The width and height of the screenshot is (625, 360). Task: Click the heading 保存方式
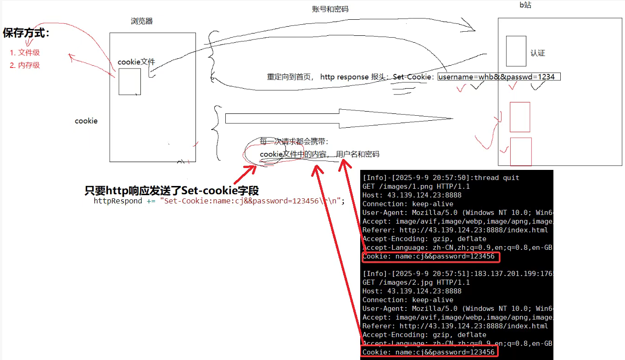[26, 33]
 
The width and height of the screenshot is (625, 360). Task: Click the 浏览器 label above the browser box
[142, 21]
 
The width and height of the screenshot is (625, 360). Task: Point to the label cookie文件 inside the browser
[136, 62]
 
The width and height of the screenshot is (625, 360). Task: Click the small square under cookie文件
[129, 82]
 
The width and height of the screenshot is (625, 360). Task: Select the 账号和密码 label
[327, 9]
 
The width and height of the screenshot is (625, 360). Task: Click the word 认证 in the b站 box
[538, 53]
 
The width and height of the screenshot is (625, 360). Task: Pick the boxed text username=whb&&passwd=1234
[499, 77]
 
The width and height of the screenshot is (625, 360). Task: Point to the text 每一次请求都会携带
[294, 141]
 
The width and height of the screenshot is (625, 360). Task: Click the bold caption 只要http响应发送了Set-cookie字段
[172, 191]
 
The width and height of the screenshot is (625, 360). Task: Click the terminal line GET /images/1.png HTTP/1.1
[416, 186]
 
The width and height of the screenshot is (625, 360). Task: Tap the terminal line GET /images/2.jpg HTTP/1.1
[416, 282]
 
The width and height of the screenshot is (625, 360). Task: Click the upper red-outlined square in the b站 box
[520, 117]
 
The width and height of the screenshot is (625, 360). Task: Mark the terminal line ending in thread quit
[441, 178]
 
